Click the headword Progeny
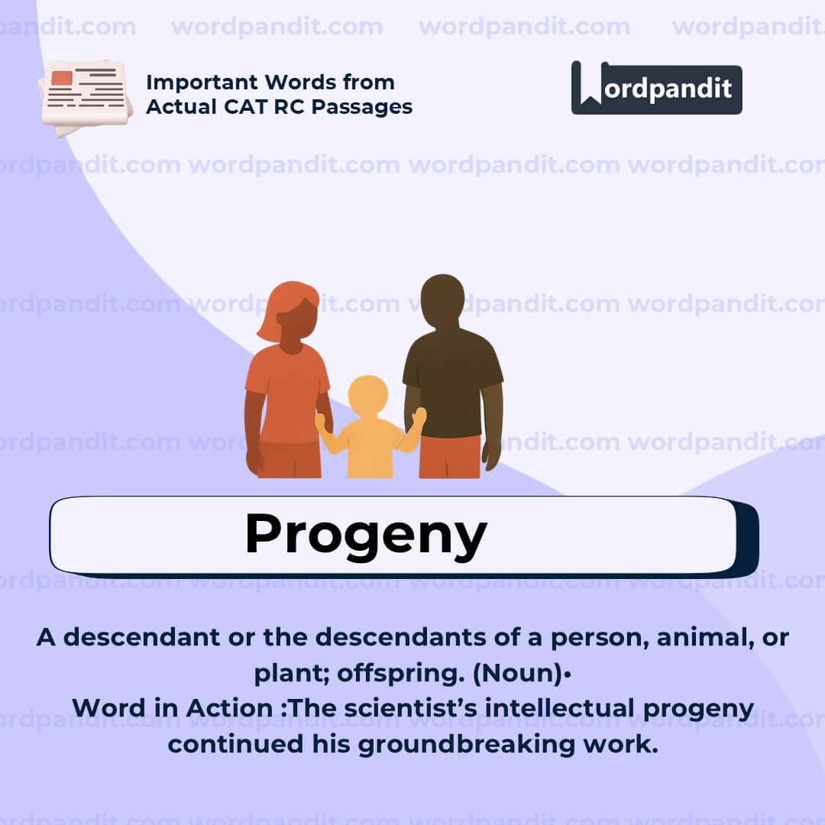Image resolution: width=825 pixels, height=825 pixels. (x=365, y=535)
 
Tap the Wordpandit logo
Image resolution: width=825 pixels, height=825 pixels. (x=656, y=88)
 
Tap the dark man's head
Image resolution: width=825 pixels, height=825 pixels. (x=442, y=299)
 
